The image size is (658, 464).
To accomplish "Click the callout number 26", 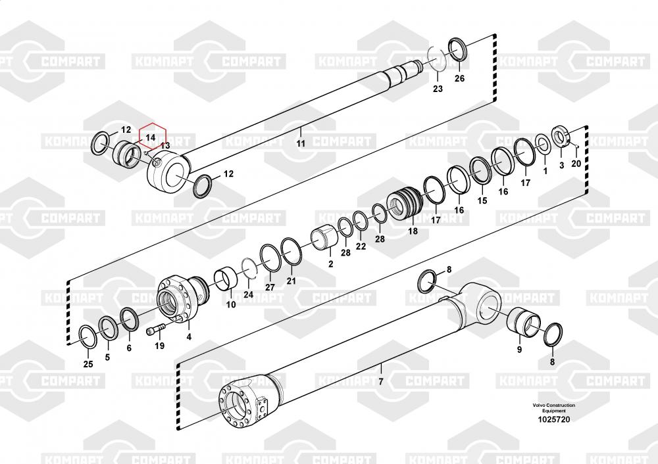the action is pos(459,78).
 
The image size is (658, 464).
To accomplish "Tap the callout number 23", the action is pos(438,89).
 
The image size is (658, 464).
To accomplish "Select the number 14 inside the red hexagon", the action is pos(150,137).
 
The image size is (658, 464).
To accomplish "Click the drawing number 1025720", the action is pos(554,419).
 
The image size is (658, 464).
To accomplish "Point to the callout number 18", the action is pos(413,231).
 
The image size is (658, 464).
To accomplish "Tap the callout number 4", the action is pos(189,336).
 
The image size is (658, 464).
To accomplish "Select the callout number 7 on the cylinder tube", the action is pos(381,381).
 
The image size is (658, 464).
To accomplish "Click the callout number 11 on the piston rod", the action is pos(301,143).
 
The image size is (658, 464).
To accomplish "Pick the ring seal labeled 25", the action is pos(88,336).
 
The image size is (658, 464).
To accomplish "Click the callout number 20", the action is pos(576,163).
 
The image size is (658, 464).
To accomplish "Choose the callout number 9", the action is pos(519,350).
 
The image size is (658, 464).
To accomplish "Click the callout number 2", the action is pos(331,264).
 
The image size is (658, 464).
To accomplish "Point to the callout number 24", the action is pos(249,294).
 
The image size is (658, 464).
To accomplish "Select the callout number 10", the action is pos(231,305).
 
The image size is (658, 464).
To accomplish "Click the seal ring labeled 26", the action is pos(457,49).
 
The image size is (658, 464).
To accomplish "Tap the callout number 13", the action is pos(165,145).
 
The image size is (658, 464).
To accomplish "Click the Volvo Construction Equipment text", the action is pos(554,408).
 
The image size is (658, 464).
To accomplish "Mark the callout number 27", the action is pos(270,287).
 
